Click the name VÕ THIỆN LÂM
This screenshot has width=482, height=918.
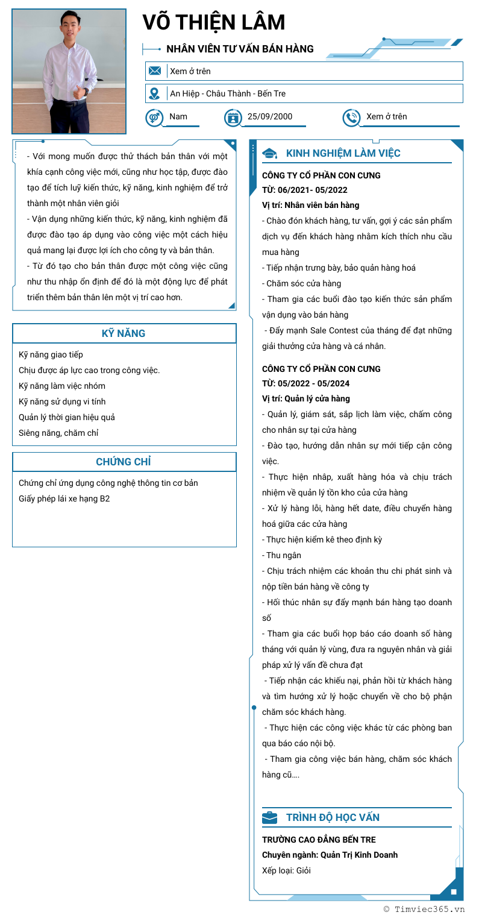tap(214, 23)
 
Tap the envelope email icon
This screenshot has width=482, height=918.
tap(155, 71)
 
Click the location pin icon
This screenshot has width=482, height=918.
tap(155, 93)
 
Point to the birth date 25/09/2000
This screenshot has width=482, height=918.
tap(270, 116)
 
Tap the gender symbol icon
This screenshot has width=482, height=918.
tap(154, 117)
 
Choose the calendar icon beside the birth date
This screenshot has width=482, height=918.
tap(233, 117)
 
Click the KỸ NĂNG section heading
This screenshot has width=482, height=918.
tap(124, 333)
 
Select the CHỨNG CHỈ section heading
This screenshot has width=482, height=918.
tap(124, 462)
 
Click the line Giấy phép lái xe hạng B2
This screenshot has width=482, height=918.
tap(64, 498)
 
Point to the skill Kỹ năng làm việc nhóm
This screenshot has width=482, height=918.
tap(62, 386)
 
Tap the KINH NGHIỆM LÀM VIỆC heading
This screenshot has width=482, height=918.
tap(343, 153)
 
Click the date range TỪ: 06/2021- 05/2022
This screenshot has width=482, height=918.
tap(304, 190)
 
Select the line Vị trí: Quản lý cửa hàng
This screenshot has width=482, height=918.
tap(306, 398)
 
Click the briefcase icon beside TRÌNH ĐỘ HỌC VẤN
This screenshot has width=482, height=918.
tap(270, 817)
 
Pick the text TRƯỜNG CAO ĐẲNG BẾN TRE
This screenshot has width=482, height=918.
tap(319, 840)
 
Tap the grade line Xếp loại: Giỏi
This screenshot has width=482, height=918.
tap(286, 870)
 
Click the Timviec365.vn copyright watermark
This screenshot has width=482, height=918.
tap(424, 910)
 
